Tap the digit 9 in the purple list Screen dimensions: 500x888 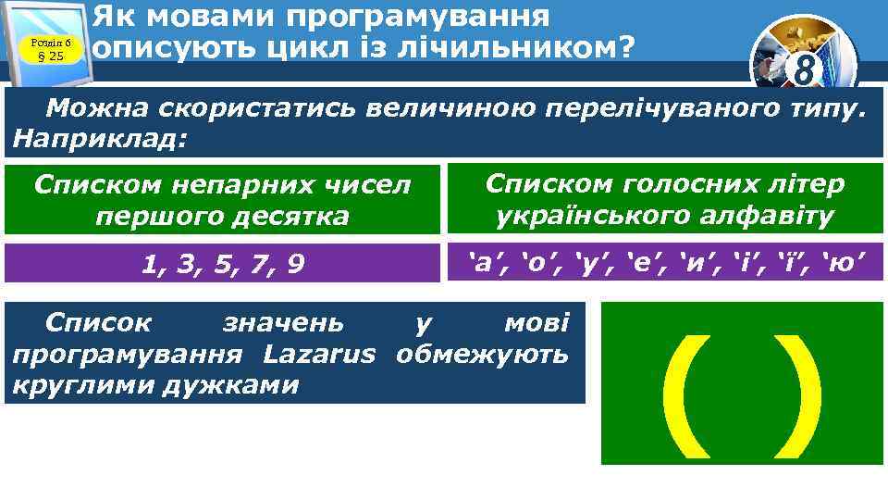point(295,266)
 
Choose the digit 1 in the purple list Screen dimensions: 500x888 point(148,266)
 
